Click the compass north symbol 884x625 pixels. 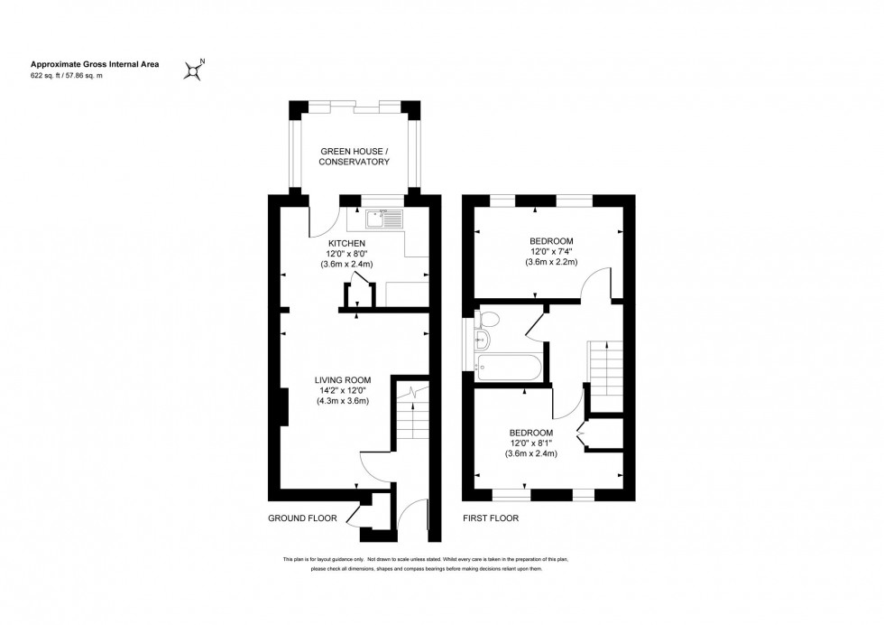click(x=194, y=70)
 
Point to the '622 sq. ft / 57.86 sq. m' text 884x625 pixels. click(x=67, y=76)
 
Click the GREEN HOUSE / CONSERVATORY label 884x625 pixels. click(x=355, y=156)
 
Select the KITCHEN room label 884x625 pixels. click(x=346, y=244)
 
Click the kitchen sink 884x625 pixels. click(x=385, y=218)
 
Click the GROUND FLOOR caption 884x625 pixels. click(x=302, y=518)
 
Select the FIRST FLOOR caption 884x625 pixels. click(x=491, y=518)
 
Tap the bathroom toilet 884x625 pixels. click(x=488, y=319)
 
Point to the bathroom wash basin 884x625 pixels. click(x=481, y=340)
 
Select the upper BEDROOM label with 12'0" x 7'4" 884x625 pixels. click(x=551, y=240)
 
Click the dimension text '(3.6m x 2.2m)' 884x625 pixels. click(x=551, y=262)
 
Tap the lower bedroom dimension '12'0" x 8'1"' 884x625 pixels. click(x=531, y=443)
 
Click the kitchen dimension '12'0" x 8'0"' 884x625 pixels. click(x=346, y=254)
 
